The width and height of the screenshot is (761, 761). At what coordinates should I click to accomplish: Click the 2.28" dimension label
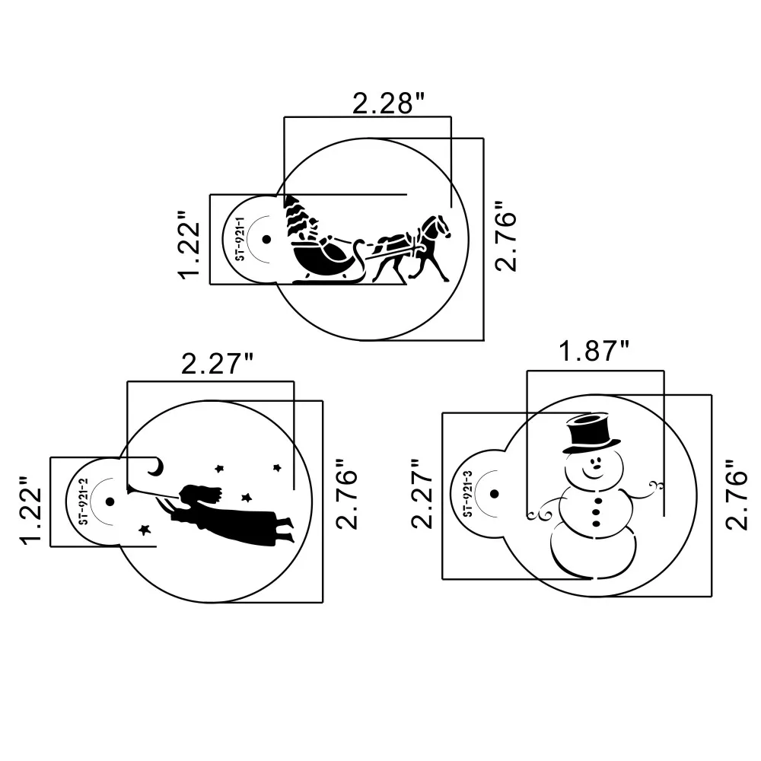(x=387, y=103)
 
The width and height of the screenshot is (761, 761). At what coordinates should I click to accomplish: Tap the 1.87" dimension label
(x=594, y=352)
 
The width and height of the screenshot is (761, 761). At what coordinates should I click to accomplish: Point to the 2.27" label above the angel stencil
(x=217, y=364)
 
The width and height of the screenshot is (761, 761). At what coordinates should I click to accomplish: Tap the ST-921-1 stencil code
(x=238, y=239)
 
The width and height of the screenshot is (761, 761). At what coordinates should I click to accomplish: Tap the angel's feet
(x=285, y=530)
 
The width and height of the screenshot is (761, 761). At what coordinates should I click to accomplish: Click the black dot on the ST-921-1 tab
(x=266, y=239)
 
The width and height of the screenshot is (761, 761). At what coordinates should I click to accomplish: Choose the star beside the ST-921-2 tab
(x=143, y=528)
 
